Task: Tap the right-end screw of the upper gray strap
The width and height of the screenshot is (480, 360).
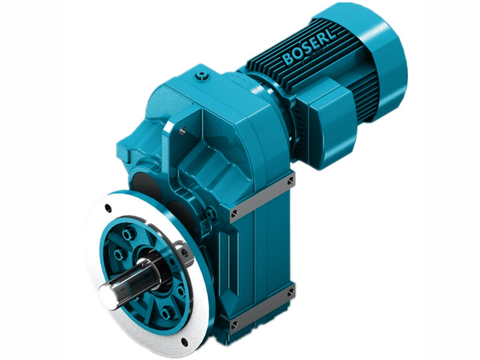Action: tap(291, 180)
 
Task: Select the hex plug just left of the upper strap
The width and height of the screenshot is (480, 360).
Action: tap(211, 214)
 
